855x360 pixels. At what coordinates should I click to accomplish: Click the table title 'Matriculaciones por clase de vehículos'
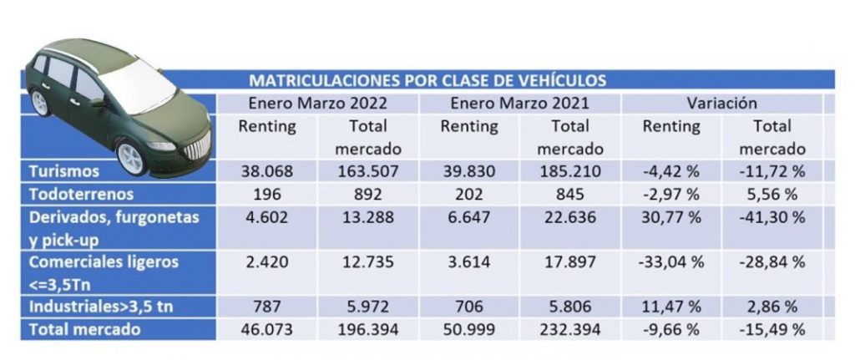tap(427, 81)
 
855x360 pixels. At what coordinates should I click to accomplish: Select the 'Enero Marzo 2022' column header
tap(317, 104)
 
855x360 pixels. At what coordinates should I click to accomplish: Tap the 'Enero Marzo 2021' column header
tap(519, 104)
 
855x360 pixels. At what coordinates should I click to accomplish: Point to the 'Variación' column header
tap(721, 104)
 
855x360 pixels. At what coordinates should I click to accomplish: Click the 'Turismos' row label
tap(63, 171)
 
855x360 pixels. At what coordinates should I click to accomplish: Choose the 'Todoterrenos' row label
tap(80, 195)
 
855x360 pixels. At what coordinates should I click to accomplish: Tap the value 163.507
tap(368, 171)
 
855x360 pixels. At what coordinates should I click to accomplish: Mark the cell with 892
tap(368, 195)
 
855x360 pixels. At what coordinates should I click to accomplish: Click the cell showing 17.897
tap(569, 261)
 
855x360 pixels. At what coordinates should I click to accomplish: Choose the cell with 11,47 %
tap(672, 307)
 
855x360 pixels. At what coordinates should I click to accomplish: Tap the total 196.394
tap(368, 329)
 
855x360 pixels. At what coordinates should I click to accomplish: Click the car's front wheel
tap(131, 156)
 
